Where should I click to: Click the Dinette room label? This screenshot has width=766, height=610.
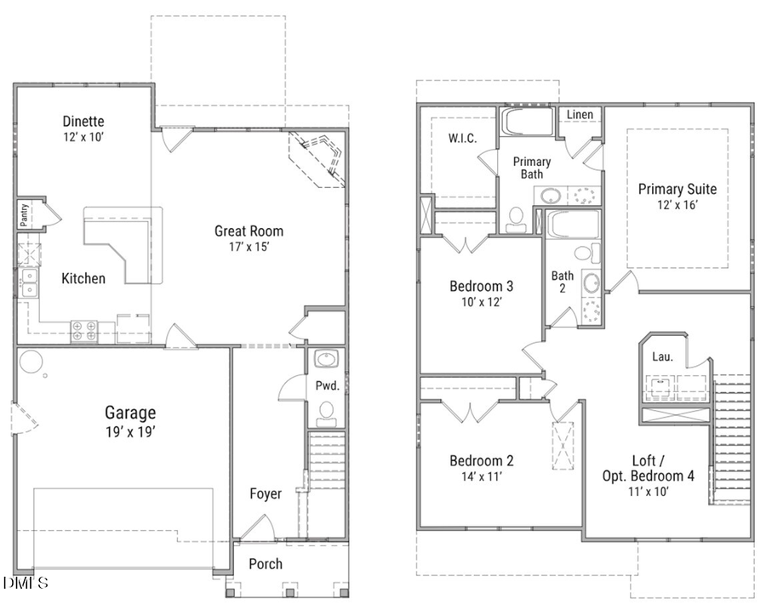pyautogui.click(x=83, y=122)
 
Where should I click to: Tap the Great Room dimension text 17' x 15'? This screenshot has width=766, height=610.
pyautogui.click(x=249, y=247)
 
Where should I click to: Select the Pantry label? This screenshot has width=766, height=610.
pyautogui.click(x=25, y=214)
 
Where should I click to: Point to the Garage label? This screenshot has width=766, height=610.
pyautogui.click(x=130, y=413)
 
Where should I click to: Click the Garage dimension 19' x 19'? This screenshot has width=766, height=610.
pyautogui.click(x=130, y=430)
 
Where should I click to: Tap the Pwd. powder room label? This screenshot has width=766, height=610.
pyautogui.click(x=328, y=385)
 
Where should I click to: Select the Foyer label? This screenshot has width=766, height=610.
pyautogui.click(x=265, y=493)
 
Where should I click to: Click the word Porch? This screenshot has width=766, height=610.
pyautogui.click(x=266, y=563)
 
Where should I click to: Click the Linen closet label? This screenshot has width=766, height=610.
pyautogui.click(x=580, y=115)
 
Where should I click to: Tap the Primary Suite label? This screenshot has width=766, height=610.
pyautogui.click(x=677, y=189)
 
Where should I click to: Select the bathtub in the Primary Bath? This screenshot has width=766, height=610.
pyautogui.click(x=527, y=122)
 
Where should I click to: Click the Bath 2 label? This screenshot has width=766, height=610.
pyautogui.click(x=563, y=282)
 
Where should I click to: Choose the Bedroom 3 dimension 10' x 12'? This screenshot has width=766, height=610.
pyautogui.click(x=482, y=302)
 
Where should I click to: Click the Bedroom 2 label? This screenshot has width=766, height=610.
pyautogui.click(x=482, y=461)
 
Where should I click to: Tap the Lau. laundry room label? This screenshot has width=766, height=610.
pyautogui.click(x=662, y=357)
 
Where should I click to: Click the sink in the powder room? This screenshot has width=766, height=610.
pyautogui.click(x=326, y=358)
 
